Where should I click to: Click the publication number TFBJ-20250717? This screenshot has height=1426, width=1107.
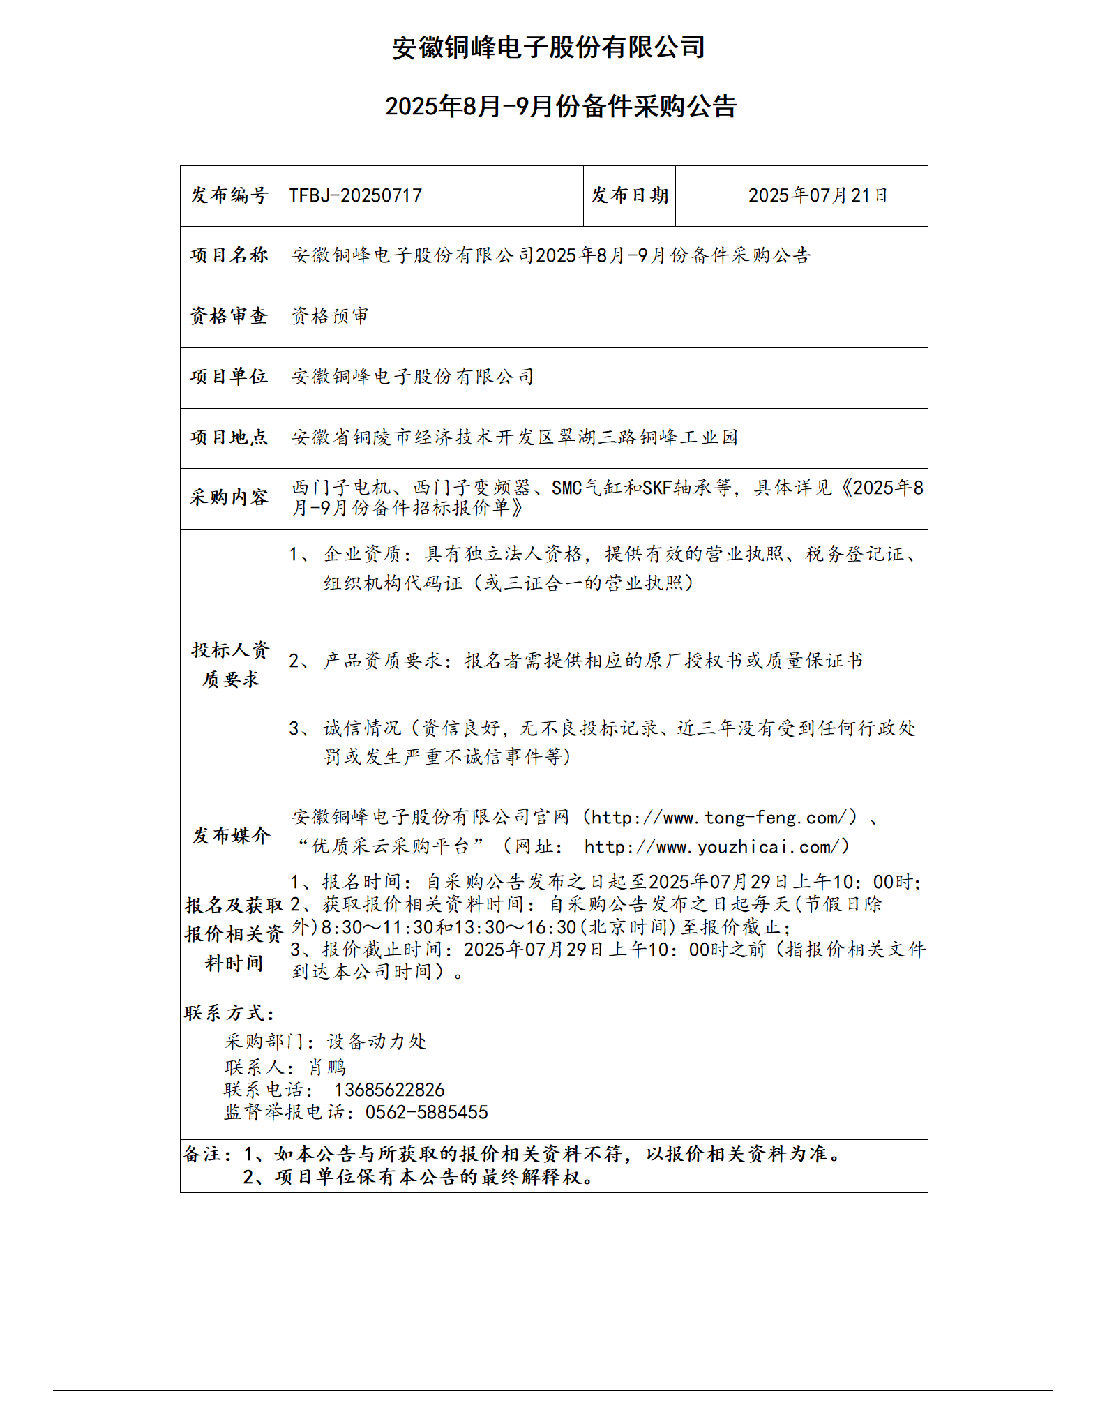point(356,196)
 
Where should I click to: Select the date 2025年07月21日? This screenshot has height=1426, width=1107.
point(818,196)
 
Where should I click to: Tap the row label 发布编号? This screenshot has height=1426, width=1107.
point(229,196)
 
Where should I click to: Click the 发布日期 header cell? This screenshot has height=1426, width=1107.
point(629,196)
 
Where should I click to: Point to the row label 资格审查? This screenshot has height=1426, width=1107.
point(229,317)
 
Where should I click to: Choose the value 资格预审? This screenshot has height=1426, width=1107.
point(330,317)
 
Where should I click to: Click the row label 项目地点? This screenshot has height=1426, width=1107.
point(229,438)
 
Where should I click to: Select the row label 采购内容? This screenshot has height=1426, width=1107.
point(229,498)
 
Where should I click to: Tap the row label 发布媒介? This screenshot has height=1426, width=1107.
point(232,836)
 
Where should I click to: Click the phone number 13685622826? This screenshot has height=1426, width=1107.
point(389,1090)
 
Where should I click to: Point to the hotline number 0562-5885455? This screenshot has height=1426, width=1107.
point(426,1113)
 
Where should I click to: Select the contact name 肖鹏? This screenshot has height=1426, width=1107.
point(327,1067)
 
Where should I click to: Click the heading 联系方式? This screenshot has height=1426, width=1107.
point(229,1014)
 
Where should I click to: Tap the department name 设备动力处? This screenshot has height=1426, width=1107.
point(377,1042)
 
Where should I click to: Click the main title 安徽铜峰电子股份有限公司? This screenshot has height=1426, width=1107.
point(548,47)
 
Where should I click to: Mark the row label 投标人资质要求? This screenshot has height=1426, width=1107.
point(231,665)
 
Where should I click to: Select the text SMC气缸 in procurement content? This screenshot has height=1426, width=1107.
point(587,488)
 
